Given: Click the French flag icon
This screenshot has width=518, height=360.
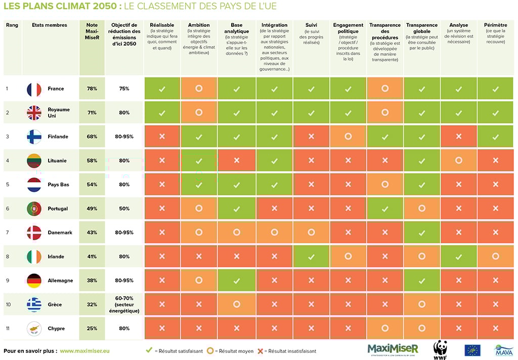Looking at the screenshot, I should pos(34,89).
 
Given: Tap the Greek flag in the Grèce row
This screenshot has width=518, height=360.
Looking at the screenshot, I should pos(34,304).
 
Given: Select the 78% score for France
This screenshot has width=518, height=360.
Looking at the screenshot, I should pos(92,89).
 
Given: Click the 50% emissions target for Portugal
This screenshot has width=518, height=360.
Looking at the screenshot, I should pos(124,209).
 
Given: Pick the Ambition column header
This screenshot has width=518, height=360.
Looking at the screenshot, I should pos(199,25).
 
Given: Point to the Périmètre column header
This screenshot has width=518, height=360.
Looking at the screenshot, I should pos(495,25).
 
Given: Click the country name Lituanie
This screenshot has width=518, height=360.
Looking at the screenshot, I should pos(57,161).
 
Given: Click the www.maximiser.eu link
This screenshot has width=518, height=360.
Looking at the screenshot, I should pos(84,350).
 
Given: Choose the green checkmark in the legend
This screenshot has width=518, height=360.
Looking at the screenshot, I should pos(149,350).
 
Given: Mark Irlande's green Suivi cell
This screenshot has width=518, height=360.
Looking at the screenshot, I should pos(311,257).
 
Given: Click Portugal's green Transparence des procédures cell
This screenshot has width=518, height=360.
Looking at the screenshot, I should pos(385,209).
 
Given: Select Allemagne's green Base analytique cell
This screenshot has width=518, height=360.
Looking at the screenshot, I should pos(236,281).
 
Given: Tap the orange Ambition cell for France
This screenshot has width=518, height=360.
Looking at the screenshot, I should pos(199,89).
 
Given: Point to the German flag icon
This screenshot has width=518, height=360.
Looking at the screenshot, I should pos(34,281).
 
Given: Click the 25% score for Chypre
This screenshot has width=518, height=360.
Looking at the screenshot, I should pos(92,329).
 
